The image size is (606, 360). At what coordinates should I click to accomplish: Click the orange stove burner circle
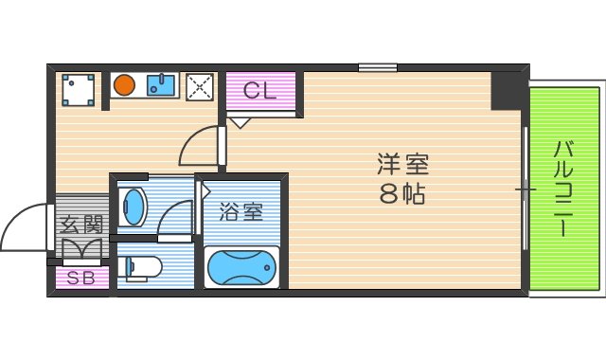124,86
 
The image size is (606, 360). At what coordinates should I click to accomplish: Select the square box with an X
200,86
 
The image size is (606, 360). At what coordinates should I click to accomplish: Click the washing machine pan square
77,89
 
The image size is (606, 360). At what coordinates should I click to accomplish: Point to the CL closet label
259,91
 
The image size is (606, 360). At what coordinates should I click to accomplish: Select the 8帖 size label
403,195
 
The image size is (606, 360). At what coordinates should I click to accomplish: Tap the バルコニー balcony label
564,189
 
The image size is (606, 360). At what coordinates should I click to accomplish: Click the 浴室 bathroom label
241,211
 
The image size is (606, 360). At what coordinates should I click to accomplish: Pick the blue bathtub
241,268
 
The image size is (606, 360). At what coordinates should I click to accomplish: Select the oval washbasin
134,206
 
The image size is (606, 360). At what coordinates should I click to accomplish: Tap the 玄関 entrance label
80,225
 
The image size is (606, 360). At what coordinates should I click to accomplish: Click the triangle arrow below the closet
241,121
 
